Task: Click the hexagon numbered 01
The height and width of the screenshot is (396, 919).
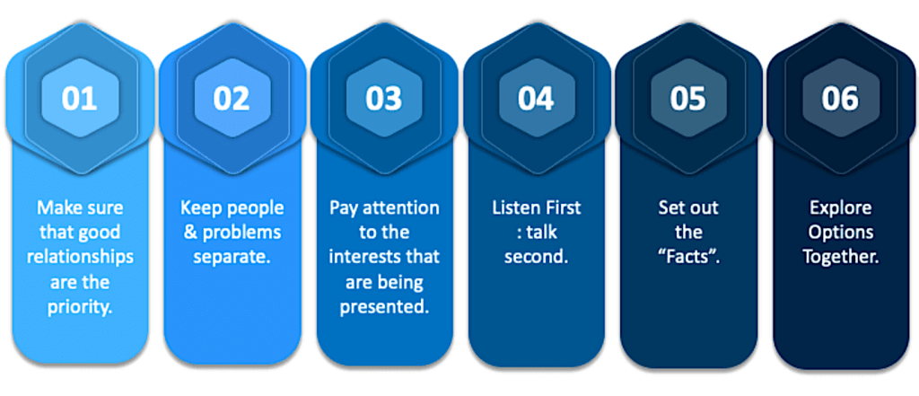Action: pos(79,98)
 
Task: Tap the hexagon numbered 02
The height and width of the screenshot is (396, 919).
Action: pos(232,98)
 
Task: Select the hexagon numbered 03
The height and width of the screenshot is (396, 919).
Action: pos(383,98)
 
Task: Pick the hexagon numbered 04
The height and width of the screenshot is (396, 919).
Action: pos(536,98)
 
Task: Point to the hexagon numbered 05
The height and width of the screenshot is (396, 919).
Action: pos(688,98)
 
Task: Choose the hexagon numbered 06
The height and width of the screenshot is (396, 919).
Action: pos(840,98)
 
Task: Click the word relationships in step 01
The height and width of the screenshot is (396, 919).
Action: pos(79,257)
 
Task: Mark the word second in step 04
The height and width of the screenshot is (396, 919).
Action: pos(536,257)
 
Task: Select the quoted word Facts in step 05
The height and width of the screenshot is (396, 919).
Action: pos(688,257)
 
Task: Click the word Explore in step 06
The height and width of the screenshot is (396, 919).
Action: pos(840,208)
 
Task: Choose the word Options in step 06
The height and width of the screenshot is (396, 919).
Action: pos(840,233)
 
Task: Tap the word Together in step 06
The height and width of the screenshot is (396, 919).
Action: pos(840,257)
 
